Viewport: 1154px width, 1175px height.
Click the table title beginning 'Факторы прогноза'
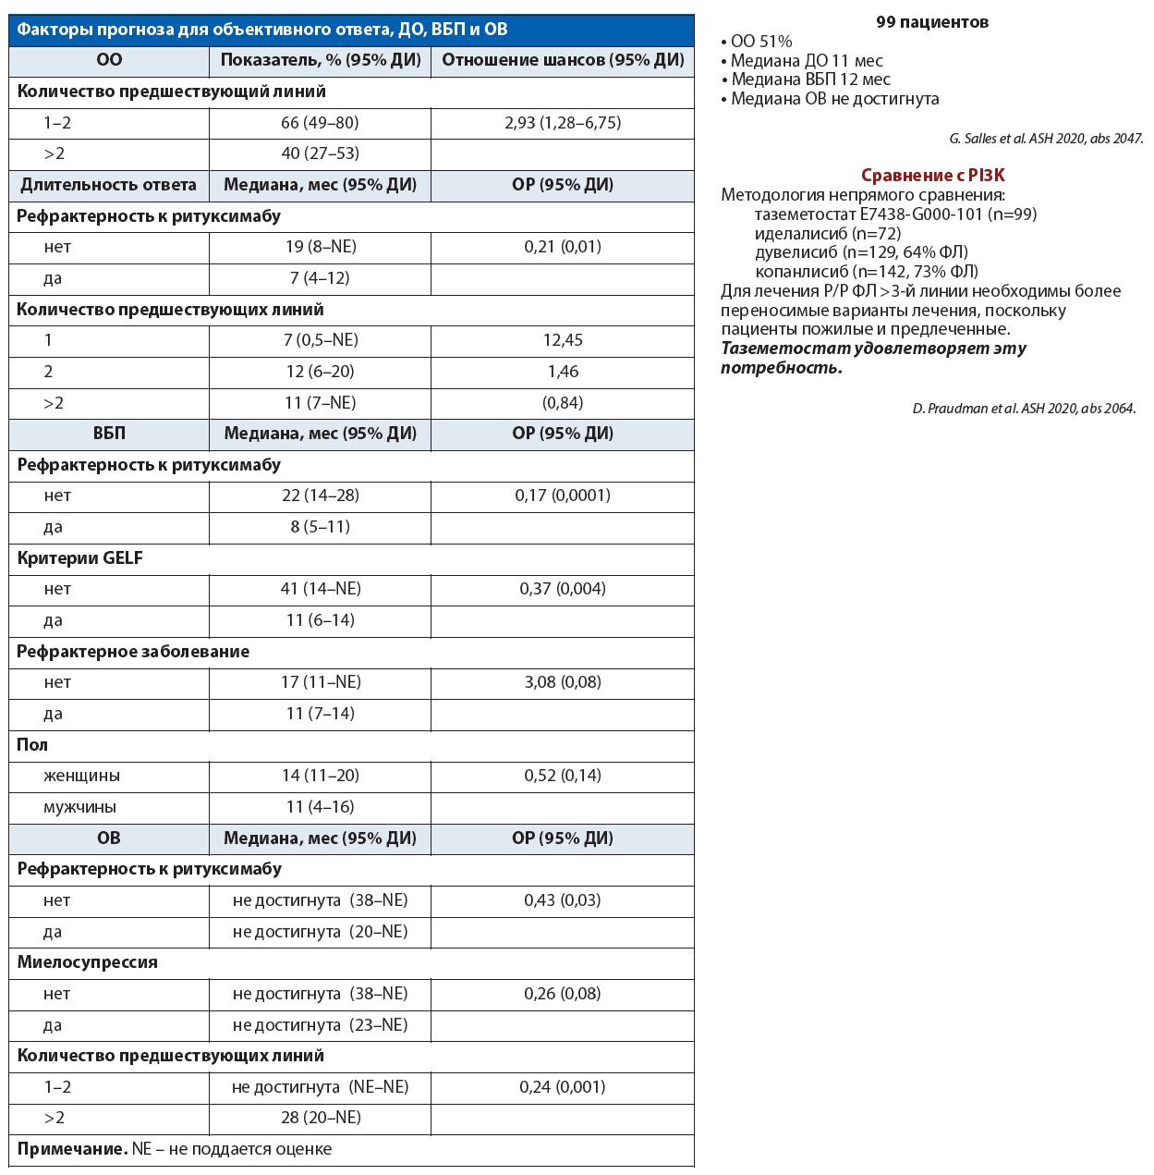(262, 30)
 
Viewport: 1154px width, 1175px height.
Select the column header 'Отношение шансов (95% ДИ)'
(563, 60)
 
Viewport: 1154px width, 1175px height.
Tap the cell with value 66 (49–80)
(320, 123)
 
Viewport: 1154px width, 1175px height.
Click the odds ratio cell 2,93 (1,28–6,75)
(563, 123)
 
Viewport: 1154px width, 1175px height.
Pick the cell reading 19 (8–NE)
(320, 247)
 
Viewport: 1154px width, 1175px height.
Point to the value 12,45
(563, 340)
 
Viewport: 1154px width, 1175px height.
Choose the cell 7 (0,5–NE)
(320, 340)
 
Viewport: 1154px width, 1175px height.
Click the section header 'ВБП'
(109, 434)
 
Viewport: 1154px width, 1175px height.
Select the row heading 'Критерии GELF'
(80, 558)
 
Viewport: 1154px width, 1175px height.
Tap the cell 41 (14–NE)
(320, 589)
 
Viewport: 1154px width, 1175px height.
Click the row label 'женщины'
(81, 776)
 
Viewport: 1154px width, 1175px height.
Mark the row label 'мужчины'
(79, 807)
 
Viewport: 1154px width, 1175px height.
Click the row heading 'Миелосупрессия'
(88, 962)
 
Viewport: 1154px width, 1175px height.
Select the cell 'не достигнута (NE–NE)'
(320, 1087)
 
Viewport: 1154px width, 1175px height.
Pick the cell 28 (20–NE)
(320, 1118)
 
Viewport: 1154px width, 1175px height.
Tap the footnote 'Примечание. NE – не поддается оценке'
(175, 1149)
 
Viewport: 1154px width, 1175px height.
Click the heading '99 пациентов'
(932, 22)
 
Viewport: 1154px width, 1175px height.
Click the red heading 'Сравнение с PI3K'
(932, 176)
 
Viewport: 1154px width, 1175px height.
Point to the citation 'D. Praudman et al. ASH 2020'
(1024, 409)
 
